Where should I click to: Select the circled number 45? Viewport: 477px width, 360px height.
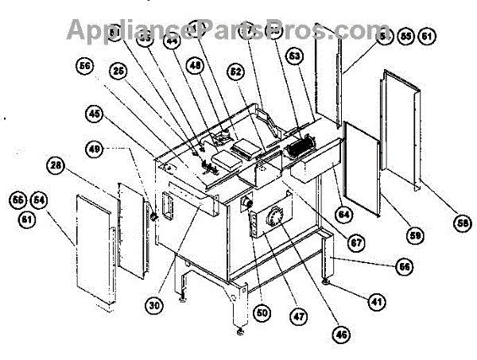click(x=95, y=114)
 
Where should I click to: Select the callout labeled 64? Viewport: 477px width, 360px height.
click(x=343, y=214)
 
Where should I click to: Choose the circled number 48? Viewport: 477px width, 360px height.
click(x=196, y=69)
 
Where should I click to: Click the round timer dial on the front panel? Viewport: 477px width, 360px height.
click(x=276, y=220)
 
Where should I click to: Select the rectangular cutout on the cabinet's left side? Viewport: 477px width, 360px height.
click(x=168, y=203)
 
